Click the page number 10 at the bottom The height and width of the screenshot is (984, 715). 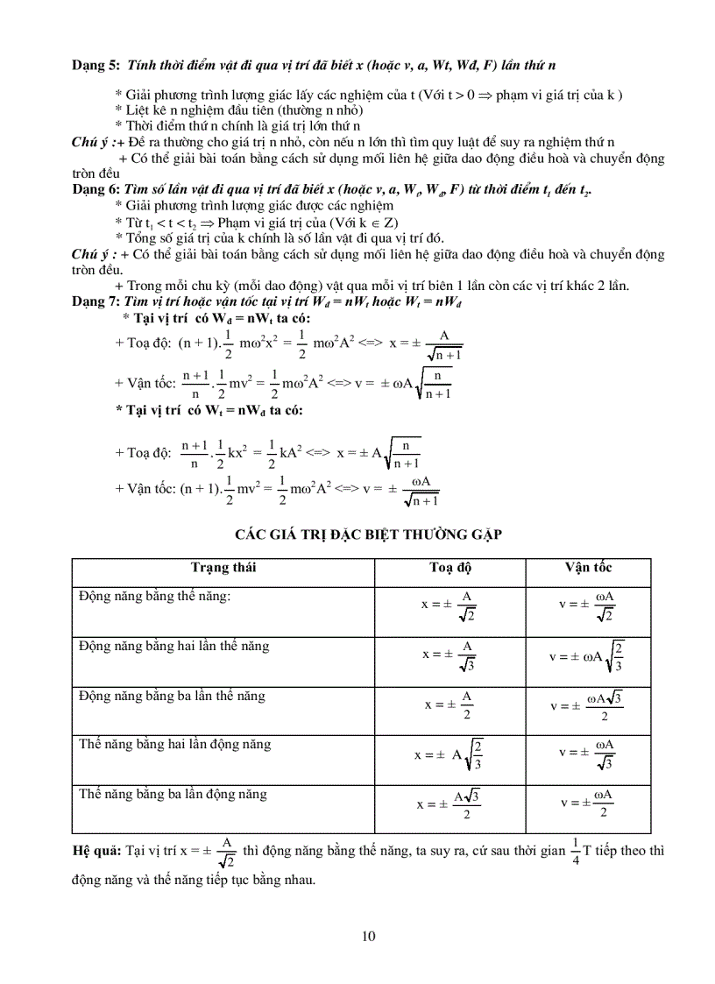[368, 937]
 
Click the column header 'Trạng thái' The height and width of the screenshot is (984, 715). [223, 568]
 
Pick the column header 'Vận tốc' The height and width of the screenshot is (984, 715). [588, 568]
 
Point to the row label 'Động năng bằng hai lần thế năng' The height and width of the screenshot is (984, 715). [173, 647]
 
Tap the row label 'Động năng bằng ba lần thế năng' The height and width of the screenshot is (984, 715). [172, 697]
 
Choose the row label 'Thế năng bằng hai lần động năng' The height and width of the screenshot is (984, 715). [174, 745]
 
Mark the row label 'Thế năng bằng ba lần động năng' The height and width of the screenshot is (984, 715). [173, 795]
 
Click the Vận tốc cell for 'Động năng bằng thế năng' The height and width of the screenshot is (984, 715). [587, 605]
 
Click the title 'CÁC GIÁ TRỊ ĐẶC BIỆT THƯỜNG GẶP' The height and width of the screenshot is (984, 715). [368, 535]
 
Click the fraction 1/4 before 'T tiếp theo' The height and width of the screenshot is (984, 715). [575, 850]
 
